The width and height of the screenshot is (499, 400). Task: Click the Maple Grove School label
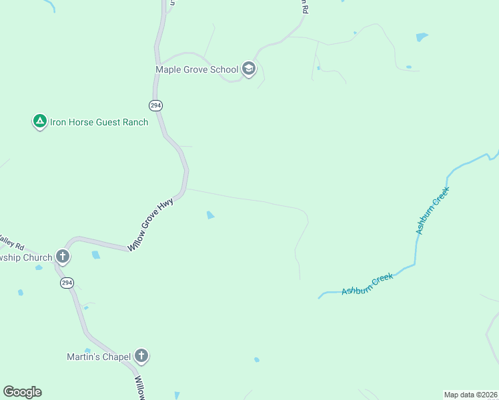coord(197,69)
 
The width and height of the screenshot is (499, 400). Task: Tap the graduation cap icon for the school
coord(249,69)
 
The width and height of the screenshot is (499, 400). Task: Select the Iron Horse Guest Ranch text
coord(99,122)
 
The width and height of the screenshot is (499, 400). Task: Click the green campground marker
coord(39,121)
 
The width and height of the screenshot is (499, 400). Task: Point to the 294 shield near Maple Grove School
coord(155,105)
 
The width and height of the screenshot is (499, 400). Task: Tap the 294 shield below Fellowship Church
coord(65,283)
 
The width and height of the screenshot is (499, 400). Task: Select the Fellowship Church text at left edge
coord(26,257)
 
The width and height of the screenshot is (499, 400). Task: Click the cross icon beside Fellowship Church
coord(63,256)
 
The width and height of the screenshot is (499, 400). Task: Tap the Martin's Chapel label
coord(99,357)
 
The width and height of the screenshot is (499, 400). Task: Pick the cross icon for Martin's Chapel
coord(141,356)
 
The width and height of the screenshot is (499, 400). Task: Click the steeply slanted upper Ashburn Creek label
coord(433,210)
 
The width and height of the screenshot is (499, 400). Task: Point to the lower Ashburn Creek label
coord(368,283)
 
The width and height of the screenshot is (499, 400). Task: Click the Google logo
coord(22,392)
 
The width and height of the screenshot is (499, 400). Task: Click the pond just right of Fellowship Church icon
coord(96,255)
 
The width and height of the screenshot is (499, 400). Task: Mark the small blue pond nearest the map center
coord(211,215)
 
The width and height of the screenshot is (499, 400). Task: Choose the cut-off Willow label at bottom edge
coord(139,388)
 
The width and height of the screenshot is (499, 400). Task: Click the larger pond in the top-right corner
coord(422,37)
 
